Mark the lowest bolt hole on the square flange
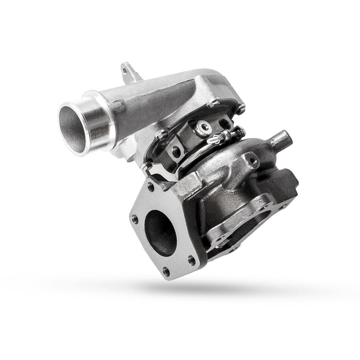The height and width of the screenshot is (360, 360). click(x=166, y=271)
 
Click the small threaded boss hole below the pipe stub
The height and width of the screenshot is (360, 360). click(x=251, y=160)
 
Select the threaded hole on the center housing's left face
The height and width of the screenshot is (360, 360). click(x=176, y=151)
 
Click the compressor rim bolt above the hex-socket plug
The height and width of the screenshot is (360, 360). click(x=211, y=103)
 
